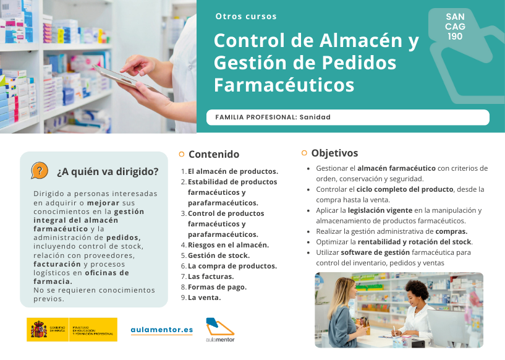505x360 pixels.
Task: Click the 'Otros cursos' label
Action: coord(246,17)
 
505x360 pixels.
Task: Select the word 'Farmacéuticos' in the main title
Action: coord(284,85)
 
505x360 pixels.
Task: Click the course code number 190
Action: coord(456,36)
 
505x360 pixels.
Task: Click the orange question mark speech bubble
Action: coord(40,170)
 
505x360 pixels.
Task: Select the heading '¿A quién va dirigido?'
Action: coord(108,171)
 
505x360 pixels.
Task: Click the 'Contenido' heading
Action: coord(213,154)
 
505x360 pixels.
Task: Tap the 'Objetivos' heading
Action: coord(334,153)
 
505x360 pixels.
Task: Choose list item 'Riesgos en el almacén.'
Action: coord(228,245)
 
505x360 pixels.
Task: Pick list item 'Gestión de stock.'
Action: coord(219,255)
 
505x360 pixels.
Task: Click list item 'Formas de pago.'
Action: coord(217,287)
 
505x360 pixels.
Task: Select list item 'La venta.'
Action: coord(204,298)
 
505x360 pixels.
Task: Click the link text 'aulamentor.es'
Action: coord(162,330)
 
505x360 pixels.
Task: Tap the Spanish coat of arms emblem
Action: coord(38,330)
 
